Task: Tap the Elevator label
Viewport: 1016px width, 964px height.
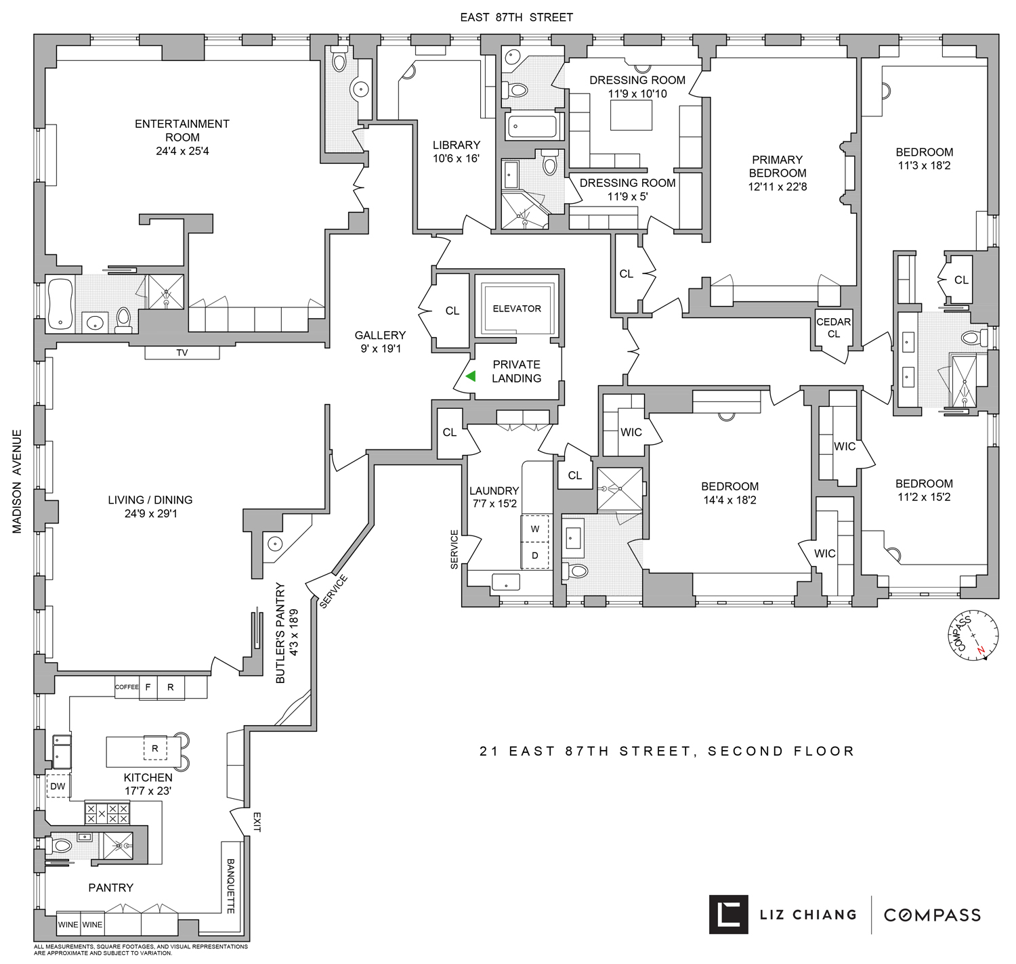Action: click(x=517, y=309)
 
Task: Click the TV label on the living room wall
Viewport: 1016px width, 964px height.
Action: click(x=182, y=353)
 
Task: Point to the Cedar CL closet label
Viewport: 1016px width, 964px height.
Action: click(x=833, y=328)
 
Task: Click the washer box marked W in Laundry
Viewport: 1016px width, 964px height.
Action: click(x=535, y=529)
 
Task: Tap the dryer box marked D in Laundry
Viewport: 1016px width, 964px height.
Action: click(x=535, y=555)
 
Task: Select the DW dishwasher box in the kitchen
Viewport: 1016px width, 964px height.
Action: click(x=58, y=786)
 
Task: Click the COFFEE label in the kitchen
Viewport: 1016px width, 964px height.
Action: click(x=127, y=687)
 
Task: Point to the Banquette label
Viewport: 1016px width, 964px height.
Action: click(x=230, y=886)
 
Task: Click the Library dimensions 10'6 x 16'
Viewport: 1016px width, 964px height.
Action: click(x=456, y=159)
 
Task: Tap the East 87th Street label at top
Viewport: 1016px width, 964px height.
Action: click(x=516, y=18)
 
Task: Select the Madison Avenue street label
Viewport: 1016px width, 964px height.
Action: click(x=17, y=481)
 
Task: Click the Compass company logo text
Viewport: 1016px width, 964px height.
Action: click(x=932, y=915)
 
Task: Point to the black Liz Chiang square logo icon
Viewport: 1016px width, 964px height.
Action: click(x=728, y=915)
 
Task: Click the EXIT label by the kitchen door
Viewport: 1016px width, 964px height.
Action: click(x=257, y=822)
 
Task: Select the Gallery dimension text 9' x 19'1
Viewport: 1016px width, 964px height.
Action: click(x=380, y=349)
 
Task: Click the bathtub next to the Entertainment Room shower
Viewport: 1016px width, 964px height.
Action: click(x=60, y=304)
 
